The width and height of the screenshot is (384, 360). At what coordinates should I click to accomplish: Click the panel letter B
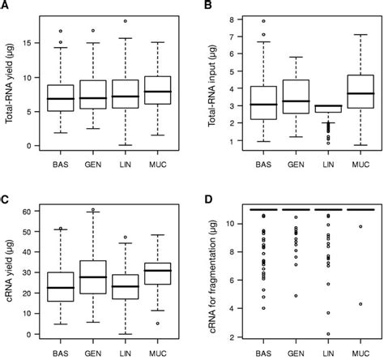tap(207, 6)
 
